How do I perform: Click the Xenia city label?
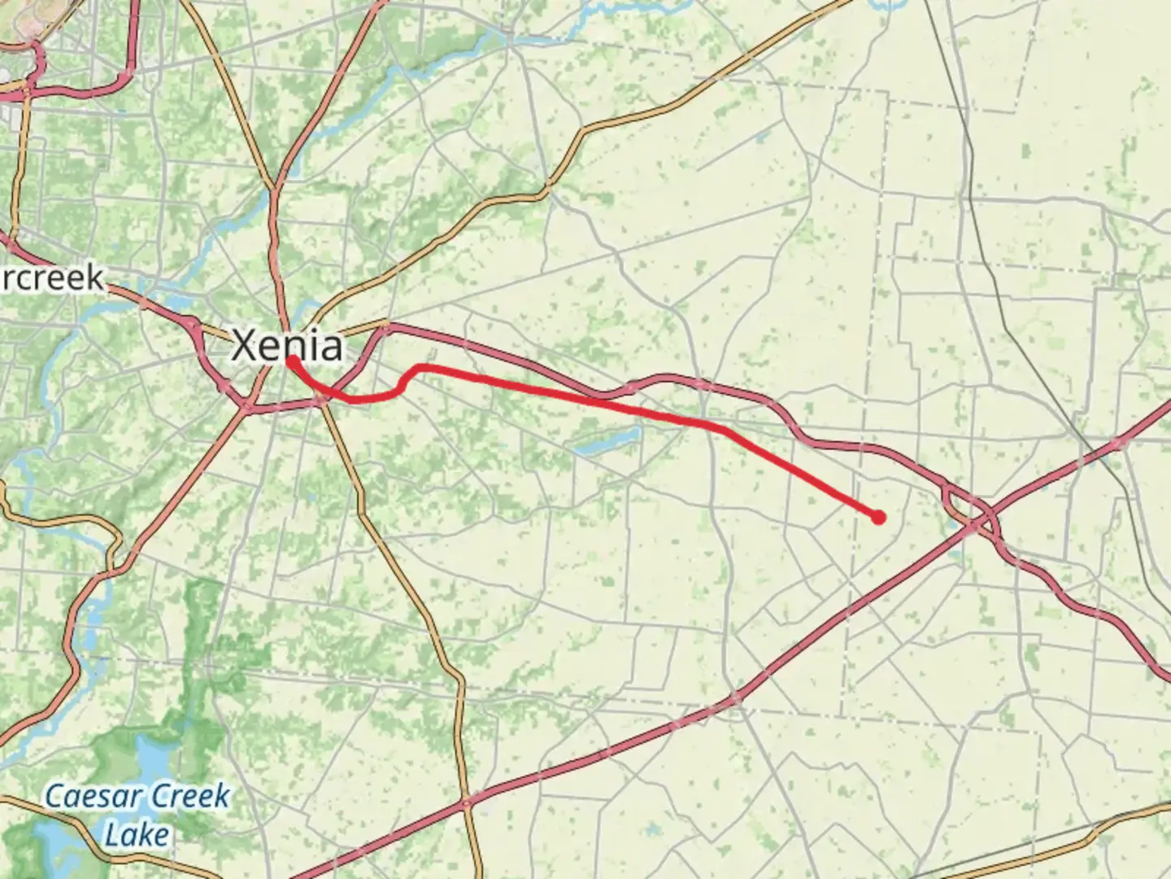click(x=287, y=345)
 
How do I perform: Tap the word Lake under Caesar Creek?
click(x=137, y=834)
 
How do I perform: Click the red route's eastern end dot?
click(x=878, y=517)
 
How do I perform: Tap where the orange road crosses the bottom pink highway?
click(x=467, y=802)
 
